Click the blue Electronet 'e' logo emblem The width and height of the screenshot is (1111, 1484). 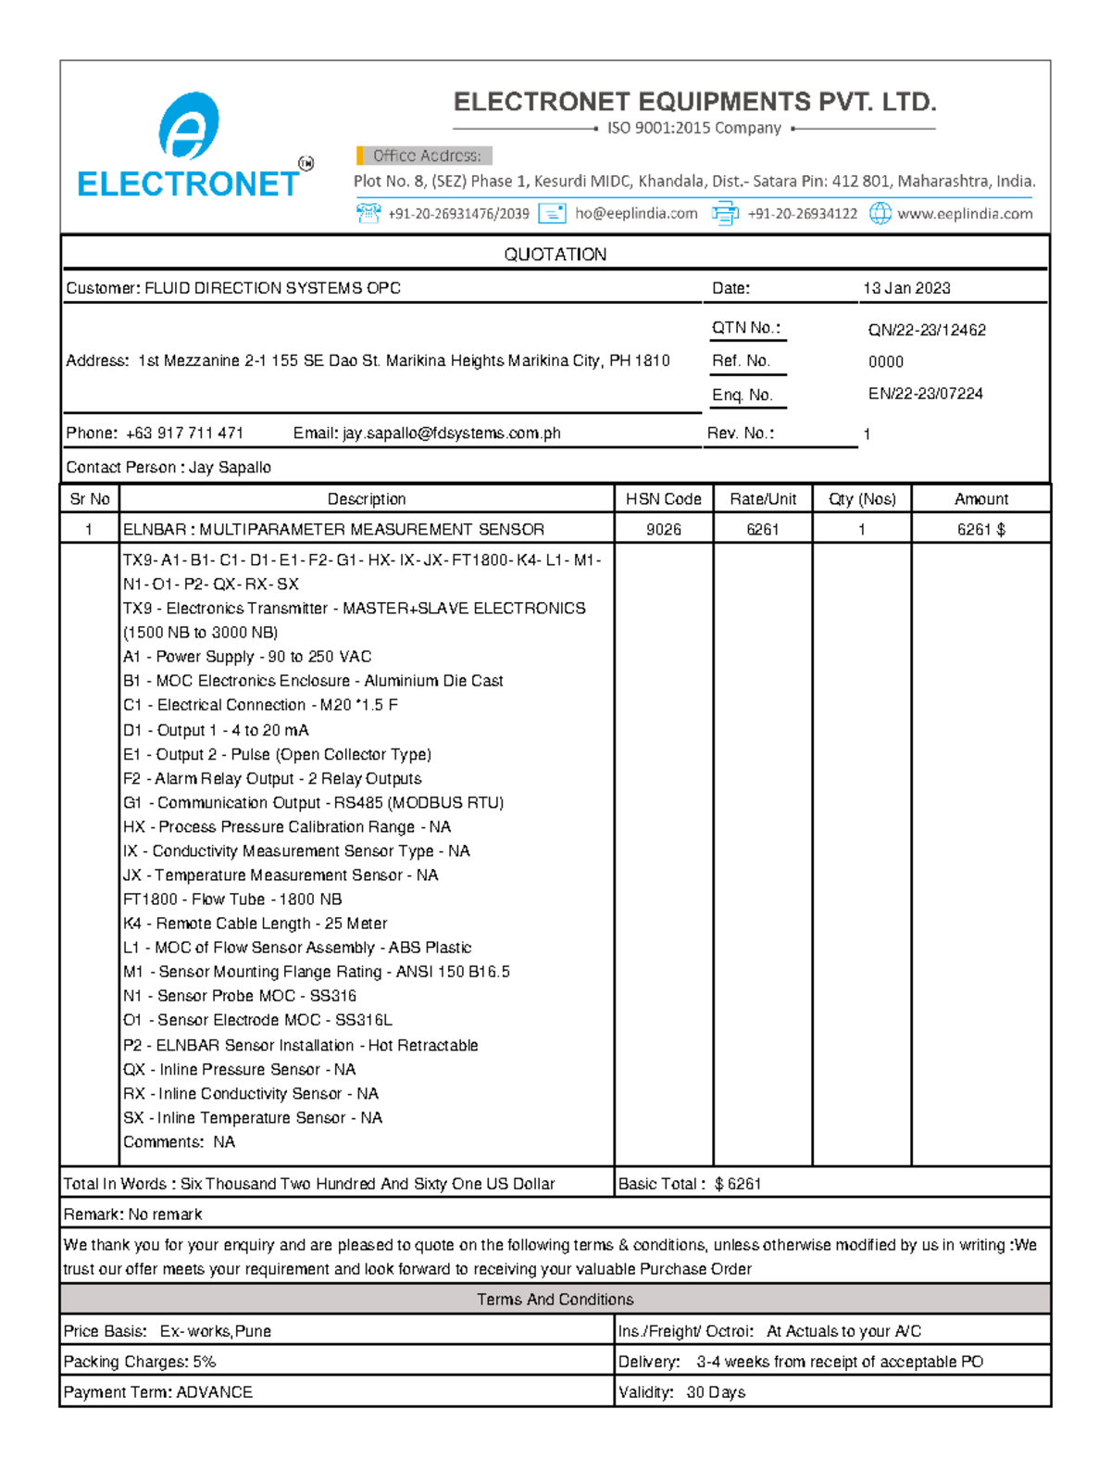tap(189, 126)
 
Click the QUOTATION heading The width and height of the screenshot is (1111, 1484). tap(555, 254)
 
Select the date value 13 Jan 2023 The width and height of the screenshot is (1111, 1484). tap(906, 288)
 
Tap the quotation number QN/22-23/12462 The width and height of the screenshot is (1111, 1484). tap(927, 330)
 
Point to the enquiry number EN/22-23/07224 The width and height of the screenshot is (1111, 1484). tap(925, 394)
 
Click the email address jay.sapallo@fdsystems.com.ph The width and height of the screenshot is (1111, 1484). tap(451, 433)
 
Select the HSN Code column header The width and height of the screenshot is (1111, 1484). tap(663, 498)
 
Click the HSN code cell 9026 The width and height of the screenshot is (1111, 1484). tap(663, 529)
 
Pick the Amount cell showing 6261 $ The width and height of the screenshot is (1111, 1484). tap(980, 529)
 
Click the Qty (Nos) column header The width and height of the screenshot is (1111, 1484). tap(861, 498)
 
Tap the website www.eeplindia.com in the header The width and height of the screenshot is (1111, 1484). tap(964, 213)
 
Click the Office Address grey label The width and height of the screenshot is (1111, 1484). tap(426, 156)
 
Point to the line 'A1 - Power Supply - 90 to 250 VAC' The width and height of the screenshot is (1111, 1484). tap(247, 657)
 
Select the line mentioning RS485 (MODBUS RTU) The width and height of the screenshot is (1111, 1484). tap(313, 802)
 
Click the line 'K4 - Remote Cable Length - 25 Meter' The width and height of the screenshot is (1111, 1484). tap(255, 924)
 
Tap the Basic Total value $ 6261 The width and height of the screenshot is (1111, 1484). tap(737, 1184)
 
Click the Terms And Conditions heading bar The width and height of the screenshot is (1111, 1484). tap(555, 1300)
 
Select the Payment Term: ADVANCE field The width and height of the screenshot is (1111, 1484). tap(158, 1391)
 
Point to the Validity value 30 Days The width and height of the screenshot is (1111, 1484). tap(715, 1391)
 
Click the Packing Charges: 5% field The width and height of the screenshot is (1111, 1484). tap(140, 1362)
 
